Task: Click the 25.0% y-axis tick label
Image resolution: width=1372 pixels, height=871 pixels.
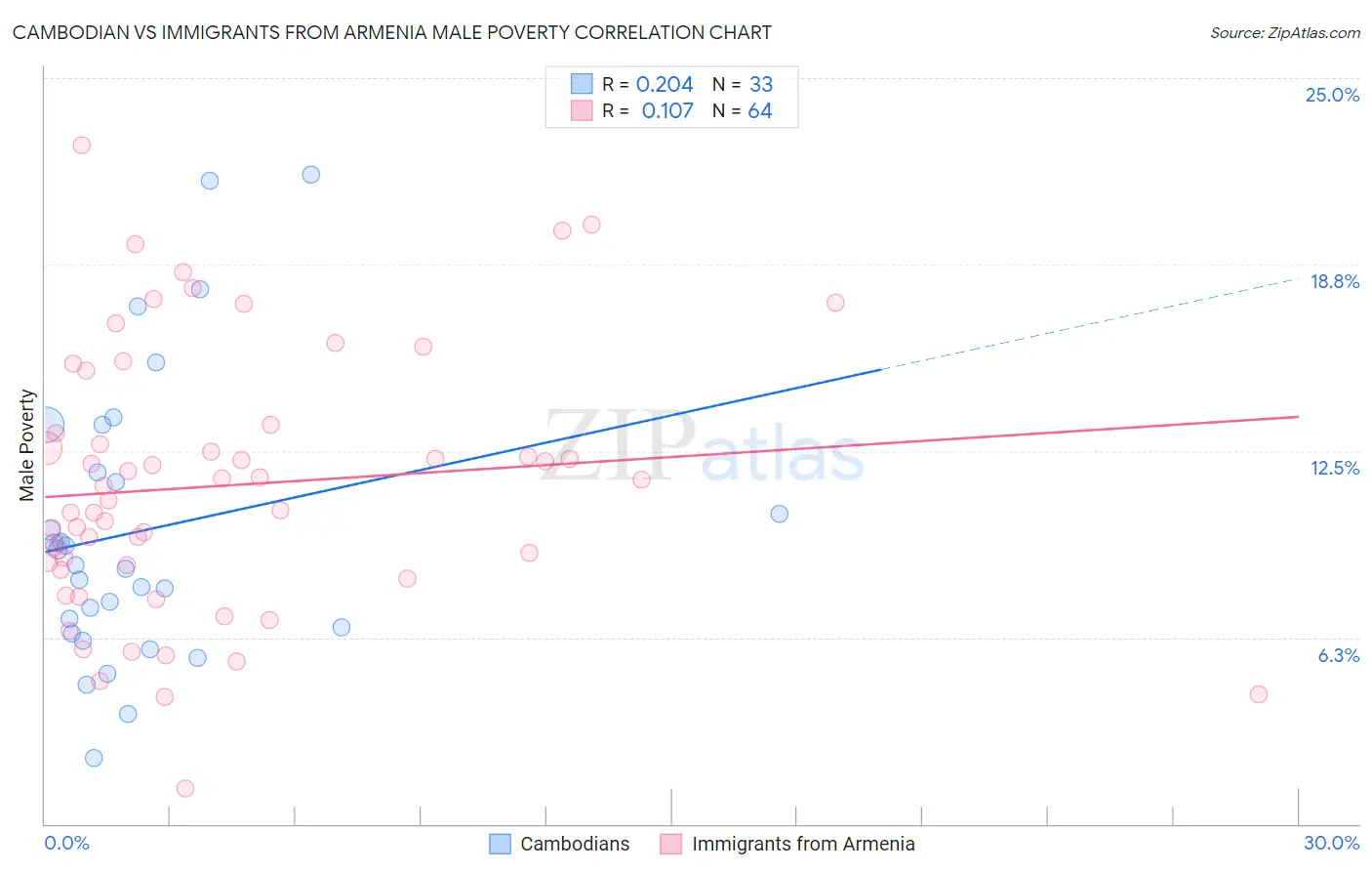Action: [x=1332, y=95]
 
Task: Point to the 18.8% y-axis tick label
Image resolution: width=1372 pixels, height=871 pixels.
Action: [x=1334, y=281]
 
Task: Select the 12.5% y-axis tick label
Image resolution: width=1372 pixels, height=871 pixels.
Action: [x=1334, y=468]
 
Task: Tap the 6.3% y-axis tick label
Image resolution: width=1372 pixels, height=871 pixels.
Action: [x=1338, y=655]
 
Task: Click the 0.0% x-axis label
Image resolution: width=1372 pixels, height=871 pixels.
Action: [x=66, y=843]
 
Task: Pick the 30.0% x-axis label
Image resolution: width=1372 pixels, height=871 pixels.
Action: [x=1331, y=843]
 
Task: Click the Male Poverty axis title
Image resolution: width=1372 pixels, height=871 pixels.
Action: [x=27, y=445]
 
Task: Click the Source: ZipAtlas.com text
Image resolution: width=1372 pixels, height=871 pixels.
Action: [x=1284, y=33]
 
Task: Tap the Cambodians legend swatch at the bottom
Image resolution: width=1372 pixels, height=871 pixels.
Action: [x=501, y=844]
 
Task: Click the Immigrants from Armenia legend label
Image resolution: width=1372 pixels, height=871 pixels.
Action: [x=803, y=844]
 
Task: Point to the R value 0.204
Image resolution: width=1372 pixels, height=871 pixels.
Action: [x=665, y=85]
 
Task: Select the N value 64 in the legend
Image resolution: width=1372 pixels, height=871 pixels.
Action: [x=760, y=111]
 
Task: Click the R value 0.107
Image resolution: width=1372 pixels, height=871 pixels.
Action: [x=667, y=111]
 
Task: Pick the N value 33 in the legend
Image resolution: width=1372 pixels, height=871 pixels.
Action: [x=761, y=85]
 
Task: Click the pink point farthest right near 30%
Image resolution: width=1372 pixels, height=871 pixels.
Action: [x=1258, y=694]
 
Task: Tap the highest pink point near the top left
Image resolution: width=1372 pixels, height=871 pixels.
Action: [x=82, y=145]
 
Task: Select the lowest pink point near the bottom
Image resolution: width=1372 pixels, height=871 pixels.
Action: [x=185, y=788]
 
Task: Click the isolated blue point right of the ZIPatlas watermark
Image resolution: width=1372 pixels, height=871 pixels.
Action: [x=779, y=514]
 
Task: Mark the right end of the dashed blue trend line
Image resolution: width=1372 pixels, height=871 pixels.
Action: [x=1297, y=279]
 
